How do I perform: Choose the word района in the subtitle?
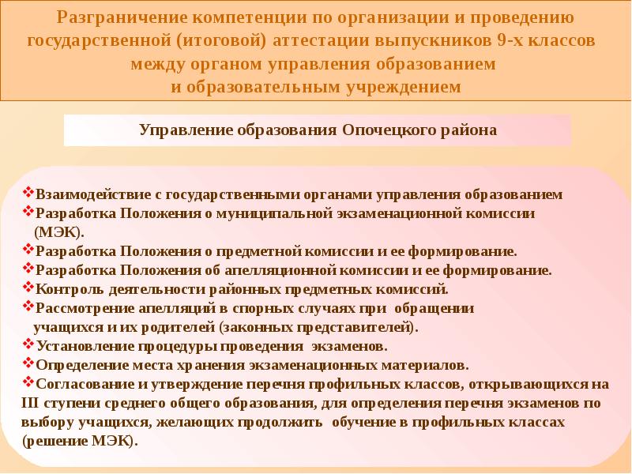pyautogui.click(x=468, y=131)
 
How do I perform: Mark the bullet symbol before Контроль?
pyautogui.click(x=28, y=288)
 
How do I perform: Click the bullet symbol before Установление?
pyautogui.click(x=28, y=344)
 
